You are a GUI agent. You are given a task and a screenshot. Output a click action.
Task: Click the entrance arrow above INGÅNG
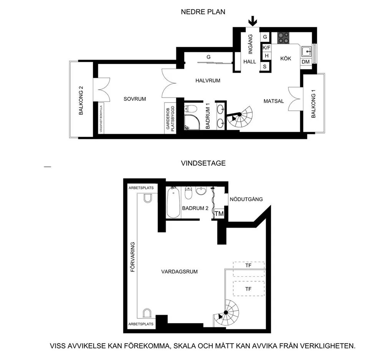(253, 21)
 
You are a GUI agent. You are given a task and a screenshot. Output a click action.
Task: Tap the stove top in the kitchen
(283, 38)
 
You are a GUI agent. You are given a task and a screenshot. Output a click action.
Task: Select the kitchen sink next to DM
(306, 51)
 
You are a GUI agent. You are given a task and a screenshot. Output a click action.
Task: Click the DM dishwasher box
(306, 62)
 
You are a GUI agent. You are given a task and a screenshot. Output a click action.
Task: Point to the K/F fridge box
(266, 47)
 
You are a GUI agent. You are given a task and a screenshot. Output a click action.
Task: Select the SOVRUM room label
(135, 99)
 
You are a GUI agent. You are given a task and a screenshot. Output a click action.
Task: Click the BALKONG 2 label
(81, 100)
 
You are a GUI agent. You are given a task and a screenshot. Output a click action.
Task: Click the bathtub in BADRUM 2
(173, 202)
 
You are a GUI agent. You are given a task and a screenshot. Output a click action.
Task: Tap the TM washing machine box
(219, 214)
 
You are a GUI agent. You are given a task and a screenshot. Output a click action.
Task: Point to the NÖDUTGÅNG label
(246, 199)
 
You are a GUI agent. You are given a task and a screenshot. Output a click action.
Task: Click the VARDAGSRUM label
(179, 271)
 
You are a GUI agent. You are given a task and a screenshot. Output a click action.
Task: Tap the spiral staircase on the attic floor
(226, 313)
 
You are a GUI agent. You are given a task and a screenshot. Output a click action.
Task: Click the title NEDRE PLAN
(203, 12)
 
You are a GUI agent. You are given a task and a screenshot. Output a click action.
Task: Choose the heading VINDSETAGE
(203, 163)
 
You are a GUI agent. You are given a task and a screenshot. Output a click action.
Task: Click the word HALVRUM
(208, 81)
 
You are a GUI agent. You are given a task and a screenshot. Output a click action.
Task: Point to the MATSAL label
(273, 101)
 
